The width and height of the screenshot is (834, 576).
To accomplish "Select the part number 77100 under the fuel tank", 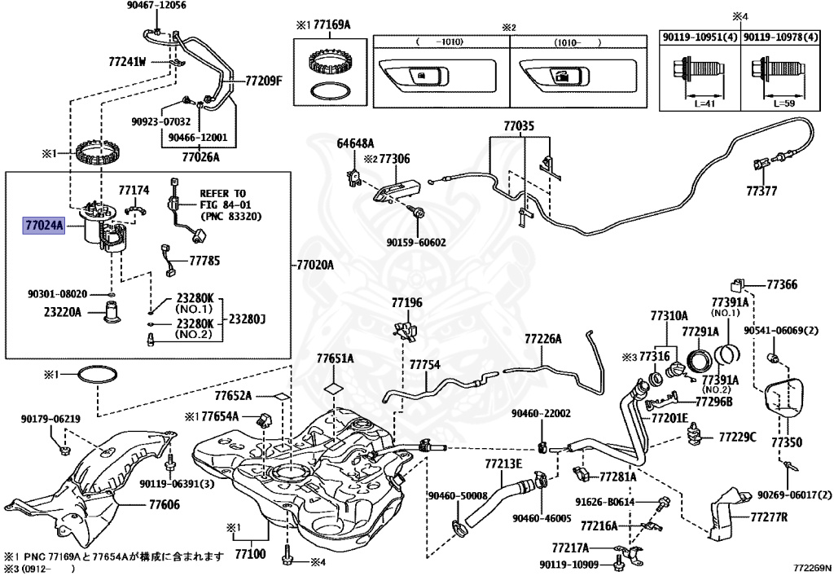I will click(251, 553).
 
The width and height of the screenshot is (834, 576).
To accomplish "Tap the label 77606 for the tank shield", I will click(164, 505).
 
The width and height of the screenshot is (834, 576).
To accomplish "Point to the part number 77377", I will click(762, 191).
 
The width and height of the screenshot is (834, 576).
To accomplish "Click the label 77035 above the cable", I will click(519, 126).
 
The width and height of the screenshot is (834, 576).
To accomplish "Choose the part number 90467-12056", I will click(156, 6).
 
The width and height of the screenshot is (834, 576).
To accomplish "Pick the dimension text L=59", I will click(781, 104).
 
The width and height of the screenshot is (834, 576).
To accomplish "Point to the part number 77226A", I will click(542, 338).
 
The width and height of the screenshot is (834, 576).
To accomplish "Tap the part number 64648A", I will click(355, 143).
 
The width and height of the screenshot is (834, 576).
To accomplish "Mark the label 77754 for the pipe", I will click(424, 364).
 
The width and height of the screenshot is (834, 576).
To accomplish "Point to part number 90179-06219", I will click(50, 419).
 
